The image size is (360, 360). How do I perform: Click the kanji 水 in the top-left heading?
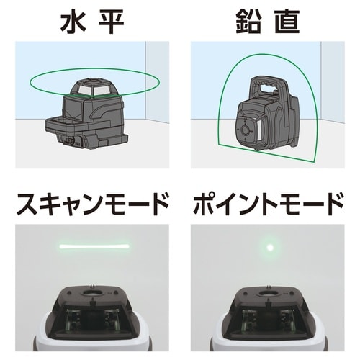[x=73, y=22]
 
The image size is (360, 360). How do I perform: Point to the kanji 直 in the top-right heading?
[x=287, y=22]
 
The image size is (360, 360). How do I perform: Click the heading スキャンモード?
[x=92, y=204]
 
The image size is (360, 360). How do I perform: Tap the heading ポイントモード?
[x=268, y=204]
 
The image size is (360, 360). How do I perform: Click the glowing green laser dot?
[x=270, y=247]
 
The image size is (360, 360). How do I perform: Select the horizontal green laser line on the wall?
[x=94, y=246]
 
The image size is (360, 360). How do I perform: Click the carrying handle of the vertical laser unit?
[x=269, y=87]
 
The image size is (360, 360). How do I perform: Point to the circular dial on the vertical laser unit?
[x=246, y=130]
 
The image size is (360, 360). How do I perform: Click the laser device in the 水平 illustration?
[x=88, y=114]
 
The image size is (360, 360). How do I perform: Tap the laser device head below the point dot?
[x=269, y=318]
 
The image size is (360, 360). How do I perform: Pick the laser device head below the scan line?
[x=92, y=318]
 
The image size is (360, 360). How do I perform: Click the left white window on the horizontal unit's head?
[x=84, y=90]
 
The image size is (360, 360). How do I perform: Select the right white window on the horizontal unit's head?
[x=102, y=90]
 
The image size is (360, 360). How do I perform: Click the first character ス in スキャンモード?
[x=27, y=204]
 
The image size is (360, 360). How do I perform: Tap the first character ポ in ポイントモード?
[x=204, y=204]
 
